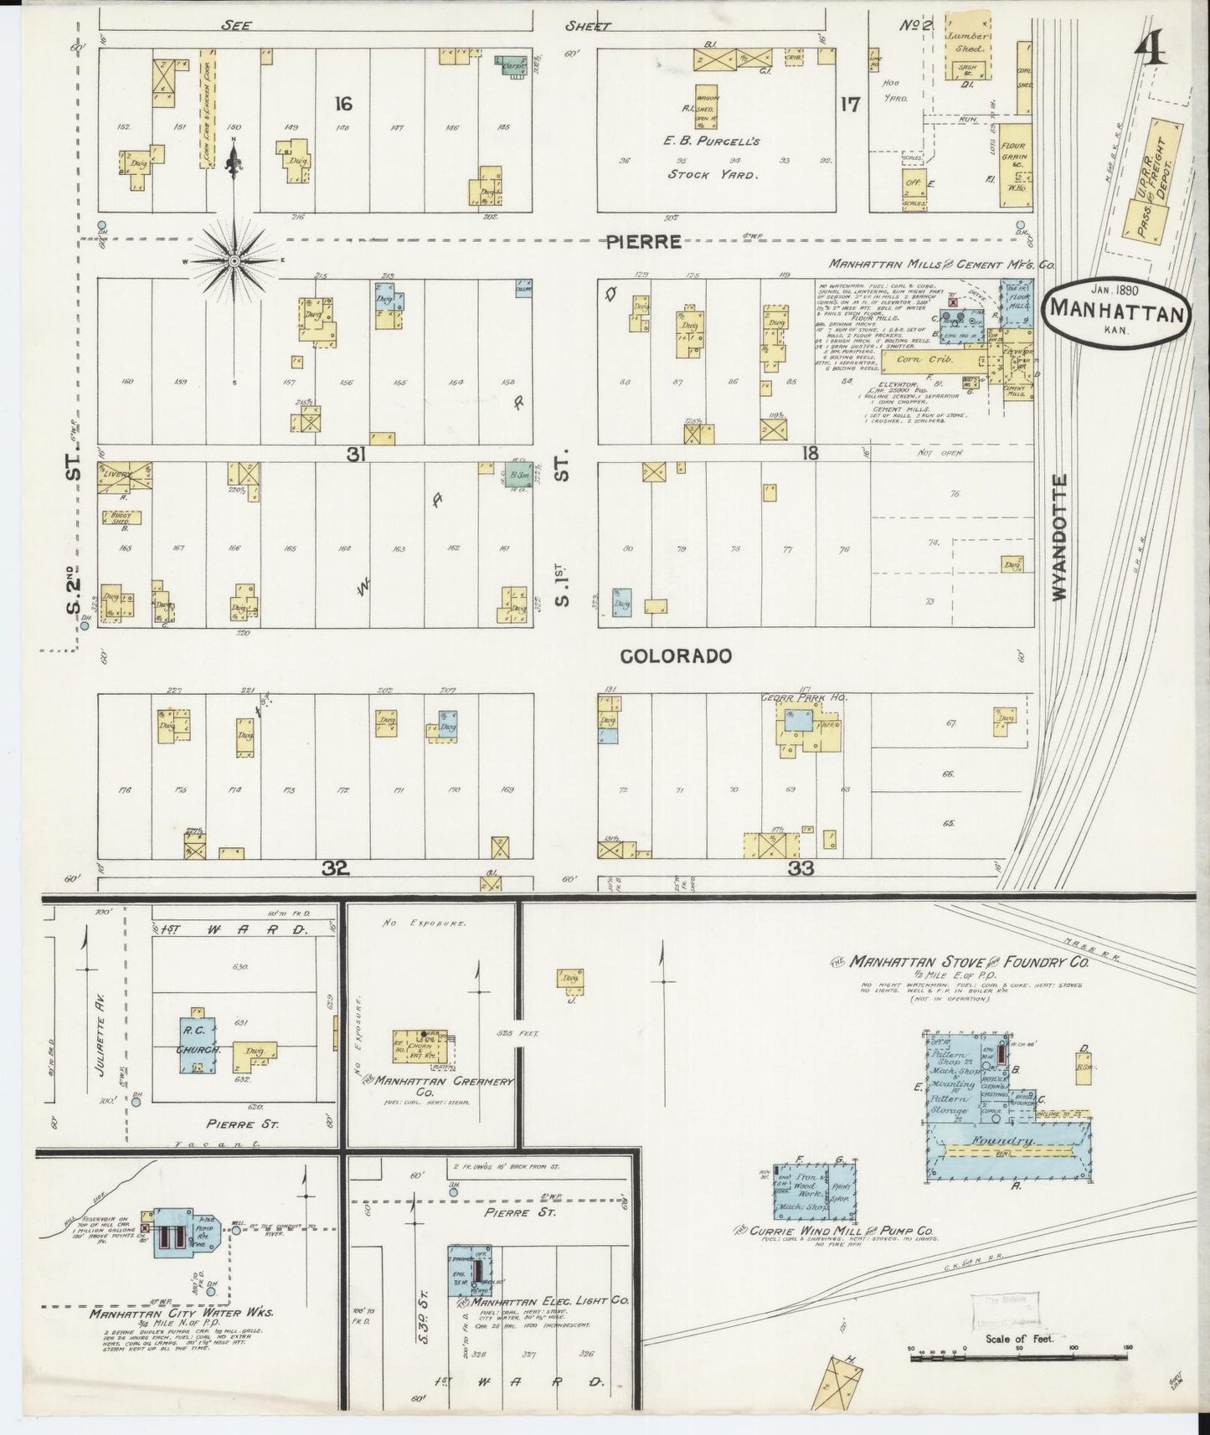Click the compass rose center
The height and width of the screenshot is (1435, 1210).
(x=235, y=261)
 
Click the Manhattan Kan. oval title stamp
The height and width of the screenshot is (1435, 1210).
(x=1115, y=312)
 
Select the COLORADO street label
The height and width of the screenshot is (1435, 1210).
(x=677, y=656)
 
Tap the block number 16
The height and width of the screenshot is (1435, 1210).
(x=342, y=104)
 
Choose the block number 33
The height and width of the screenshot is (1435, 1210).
(x=801, y=869)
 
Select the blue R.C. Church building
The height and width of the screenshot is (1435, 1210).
(x=198, y=1045)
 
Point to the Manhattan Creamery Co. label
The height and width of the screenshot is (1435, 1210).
(x=442, y=1087)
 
